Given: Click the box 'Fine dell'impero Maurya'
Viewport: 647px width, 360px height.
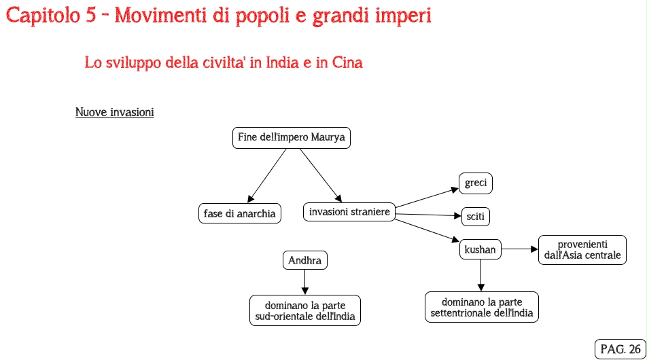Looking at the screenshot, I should pyautogui.click(x=292, y=138).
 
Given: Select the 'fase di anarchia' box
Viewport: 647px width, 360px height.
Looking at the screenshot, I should pyautogui.click(x=239, y=213).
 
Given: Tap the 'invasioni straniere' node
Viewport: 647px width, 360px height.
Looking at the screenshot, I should pyautogui.click(x=349, y=212).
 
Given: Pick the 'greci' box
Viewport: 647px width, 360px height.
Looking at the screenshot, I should pyautogui.click(x=476, y=183).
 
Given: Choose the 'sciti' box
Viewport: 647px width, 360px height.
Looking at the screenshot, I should pyautogui.click(x=476, y=217).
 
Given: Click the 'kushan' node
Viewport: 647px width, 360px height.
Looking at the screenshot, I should pyautogui.click(x=480, y=249).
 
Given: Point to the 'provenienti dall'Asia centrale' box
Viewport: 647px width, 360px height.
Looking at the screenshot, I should pyautogui.click(x=582, y=249).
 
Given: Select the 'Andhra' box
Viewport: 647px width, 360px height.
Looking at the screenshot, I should pyautogui.click(x=304, y=260).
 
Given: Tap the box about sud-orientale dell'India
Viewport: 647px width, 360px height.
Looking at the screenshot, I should pyautogui.click(x=305, y=310).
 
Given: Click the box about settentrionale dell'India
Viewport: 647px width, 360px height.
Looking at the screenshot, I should pyautogui.click(x=482, y=307).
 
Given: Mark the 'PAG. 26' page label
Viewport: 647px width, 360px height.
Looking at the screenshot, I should pyautogui.click(x=620, y=348).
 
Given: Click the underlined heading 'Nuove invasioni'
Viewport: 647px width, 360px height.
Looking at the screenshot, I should pyautogui.click(x=114, y=112).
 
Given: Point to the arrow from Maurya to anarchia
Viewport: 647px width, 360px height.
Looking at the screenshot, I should pyautogui.click(x=268, y=175).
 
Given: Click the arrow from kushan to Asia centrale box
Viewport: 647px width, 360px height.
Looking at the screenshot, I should pyautogui.click(x=520, y=249).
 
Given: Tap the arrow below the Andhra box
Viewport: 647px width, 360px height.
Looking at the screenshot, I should pyautogui.click(x=304, y=281).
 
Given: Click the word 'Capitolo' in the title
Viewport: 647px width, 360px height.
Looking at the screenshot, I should pyautogui.click(x=43, y=16).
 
